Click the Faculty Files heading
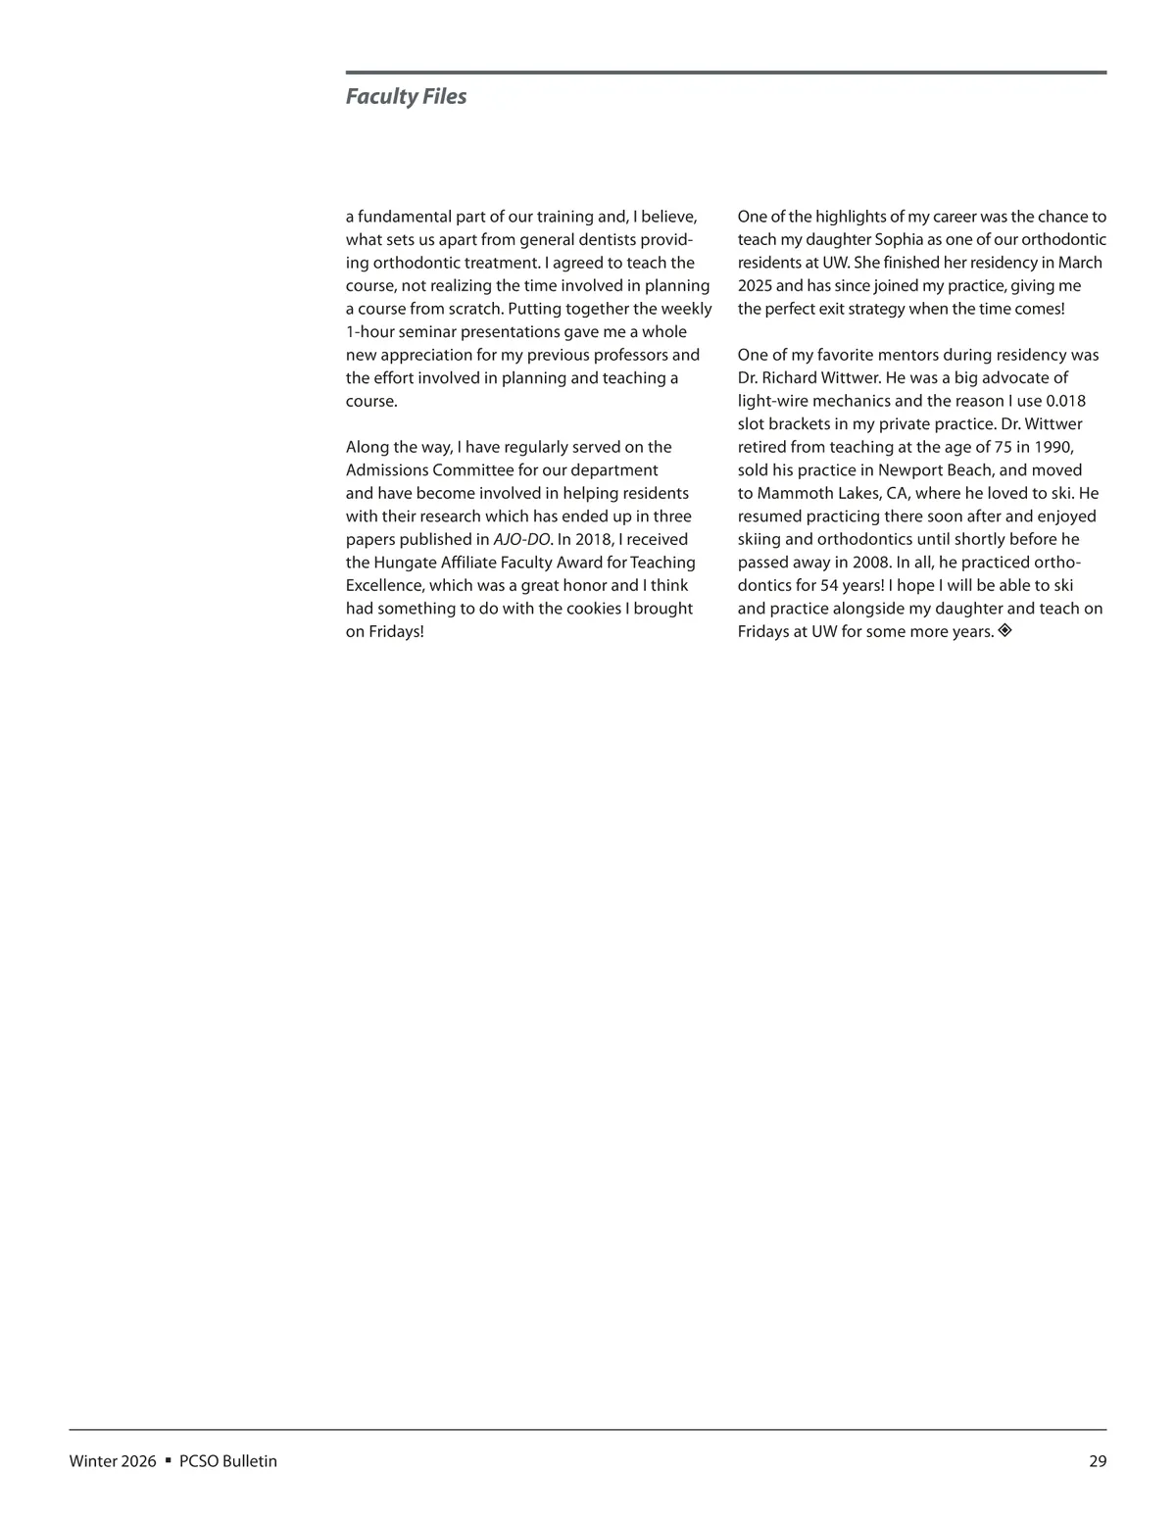[x=406, y=97]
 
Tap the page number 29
[x=1097, y=1461]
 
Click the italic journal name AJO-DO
[x=521, y=540]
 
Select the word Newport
[x=909, y=470]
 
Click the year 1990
[x=1053, y=448]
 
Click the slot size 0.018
[x=1065, y=402]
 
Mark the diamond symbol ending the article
[x=1004, y=631]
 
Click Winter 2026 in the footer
[x=113, y=1461]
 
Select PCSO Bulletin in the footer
[x=228, y=1461]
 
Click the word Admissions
[x=386, y=470]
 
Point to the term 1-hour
[x=370, y=332]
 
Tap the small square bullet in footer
[x=169, y=1460]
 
